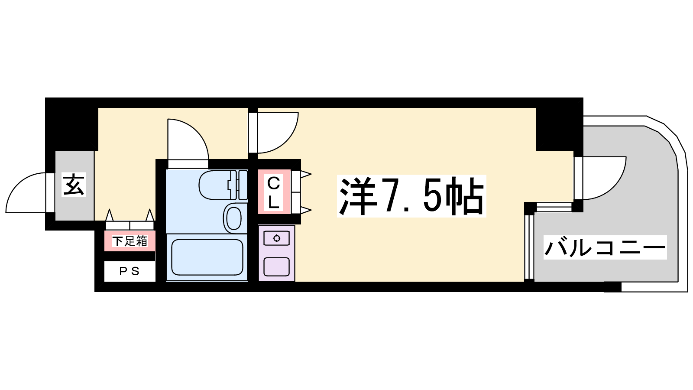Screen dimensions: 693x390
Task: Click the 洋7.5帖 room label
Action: click(x=411, y=196)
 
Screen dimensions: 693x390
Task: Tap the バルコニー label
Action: click(x=605, y=247)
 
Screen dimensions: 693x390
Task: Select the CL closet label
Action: click(x=273, y=192)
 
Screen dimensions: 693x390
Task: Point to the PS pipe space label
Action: click(x=130, y=271)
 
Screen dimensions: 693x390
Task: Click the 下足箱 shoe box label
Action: click(x=130, y=241)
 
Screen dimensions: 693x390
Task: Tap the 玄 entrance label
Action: click(x=74, y=185)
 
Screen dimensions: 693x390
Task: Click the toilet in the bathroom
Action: click(x=223, y=185)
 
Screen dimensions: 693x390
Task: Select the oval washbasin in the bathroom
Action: click(x=234, y=218)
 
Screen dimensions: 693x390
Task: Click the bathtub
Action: click(x=207, y=257)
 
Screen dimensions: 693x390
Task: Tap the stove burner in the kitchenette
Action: click(x=277, y=238)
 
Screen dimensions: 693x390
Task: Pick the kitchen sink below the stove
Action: click(x=277, y=266)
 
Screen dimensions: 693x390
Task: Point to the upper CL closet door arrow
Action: click(x=305, y=174)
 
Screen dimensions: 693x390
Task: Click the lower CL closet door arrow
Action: click(x=305, y=211)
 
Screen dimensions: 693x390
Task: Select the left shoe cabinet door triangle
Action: click(x=110, y=215)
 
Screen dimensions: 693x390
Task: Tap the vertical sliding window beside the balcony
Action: click(x=529, y=247)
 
